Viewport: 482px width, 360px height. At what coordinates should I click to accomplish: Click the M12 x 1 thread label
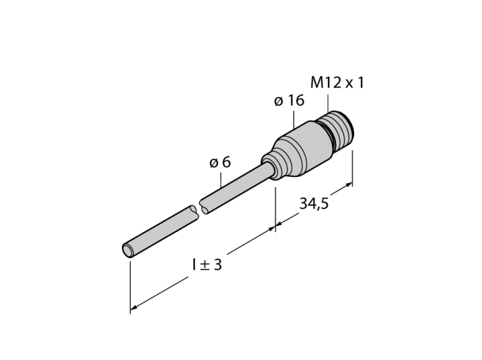click(337, 83)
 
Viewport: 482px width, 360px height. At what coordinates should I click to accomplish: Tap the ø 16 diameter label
click(289, 100)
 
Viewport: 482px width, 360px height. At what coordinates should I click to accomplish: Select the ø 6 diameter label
click(220, 162)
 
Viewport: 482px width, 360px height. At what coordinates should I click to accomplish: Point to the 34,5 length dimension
click(314, 203)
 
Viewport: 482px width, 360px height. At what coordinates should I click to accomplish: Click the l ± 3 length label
click(207, 264)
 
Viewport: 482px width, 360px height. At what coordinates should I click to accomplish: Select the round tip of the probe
click(127, 250)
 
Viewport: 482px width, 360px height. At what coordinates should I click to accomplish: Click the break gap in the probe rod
click(199, 209)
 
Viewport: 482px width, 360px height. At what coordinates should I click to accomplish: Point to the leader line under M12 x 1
click(328, 103)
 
